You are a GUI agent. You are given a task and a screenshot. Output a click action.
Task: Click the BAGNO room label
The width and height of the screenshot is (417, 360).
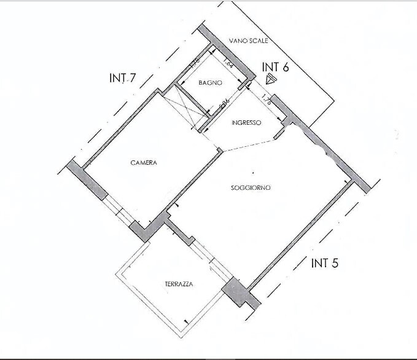210,83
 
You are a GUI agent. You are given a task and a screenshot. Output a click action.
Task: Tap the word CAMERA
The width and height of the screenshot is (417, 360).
144,163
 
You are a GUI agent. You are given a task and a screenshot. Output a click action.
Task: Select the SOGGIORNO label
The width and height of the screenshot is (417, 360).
251,187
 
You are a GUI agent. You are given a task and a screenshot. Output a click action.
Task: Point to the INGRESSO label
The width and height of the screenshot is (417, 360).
246,123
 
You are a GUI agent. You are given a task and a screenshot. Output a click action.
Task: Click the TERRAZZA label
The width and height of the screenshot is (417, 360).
179,284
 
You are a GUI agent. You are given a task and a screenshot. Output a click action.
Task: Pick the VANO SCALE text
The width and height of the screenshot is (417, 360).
249,41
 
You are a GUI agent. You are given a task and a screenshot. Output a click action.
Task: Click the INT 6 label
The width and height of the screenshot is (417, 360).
275,66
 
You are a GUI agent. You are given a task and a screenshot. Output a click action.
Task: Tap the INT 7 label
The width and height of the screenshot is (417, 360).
122,78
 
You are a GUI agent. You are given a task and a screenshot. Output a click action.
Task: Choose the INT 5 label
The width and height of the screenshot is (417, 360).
325,264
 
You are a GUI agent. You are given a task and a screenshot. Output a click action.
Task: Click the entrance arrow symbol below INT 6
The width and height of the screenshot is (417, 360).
271,79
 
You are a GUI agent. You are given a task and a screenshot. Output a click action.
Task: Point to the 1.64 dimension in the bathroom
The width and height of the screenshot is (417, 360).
228,62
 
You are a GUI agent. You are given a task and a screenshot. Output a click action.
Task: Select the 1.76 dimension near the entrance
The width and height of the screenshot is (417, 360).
266,100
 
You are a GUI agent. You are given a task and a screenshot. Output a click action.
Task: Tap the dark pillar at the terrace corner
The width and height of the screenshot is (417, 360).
234,289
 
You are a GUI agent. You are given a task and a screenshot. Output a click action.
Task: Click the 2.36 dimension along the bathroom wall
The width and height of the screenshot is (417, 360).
225,103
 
